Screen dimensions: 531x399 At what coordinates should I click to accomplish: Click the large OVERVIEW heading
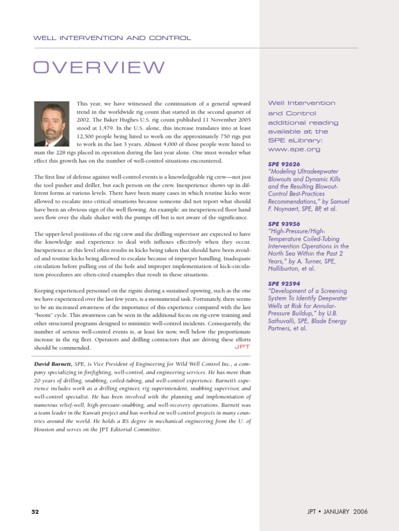(99, 68)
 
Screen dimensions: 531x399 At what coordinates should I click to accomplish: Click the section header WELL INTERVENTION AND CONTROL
(112, 38)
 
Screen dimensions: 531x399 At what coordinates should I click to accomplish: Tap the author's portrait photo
(51, 124)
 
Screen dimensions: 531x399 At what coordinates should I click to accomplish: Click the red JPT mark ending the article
(243, 346)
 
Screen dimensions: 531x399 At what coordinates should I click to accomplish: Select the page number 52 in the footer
(35, 511)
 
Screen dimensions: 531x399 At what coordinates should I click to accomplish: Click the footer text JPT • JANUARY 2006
(337, 511)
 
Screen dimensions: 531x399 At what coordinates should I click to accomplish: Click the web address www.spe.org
(294, 149)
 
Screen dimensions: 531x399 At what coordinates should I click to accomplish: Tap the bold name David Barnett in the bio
(54, 365)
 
